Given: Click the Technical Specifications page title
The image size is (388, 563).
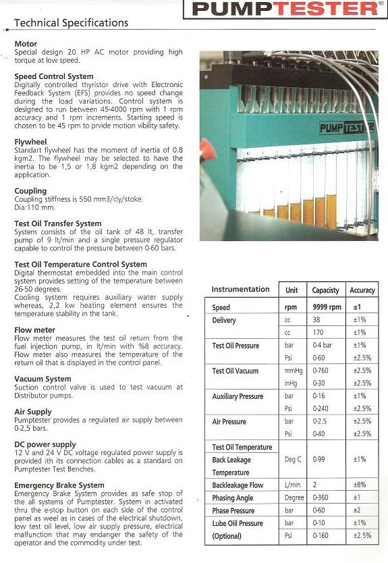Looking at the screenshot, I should [x=71, y=23].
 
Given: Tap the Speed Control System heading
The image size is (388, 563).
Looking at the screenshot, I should [x=54, y=76].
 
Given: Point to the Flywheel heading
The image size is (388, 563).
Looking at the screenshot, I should [x=30, y=142].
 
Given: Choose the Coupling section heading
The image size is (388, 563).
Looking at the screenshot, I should [x=30, y=191].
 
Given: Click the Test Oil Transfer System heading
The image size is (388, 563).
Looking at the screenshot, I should [x=58, y=223].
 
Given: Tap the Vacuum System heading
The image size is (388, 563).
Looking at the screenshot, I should [x=43, y=379].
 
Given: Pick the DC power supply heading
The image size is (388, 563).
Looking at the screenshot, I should [x=44, y=444].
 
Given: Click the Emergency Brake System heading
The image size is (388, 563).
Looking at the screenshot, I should [x=59, y=485].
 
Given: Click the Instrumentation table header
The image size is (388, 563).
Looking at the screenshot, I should [x=240, y=290].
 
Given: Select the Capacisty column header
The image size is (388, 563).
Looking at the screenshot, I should [x=325, y=290].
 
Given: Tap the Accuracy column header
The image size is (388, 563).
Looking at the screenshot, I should [x=362, y=290].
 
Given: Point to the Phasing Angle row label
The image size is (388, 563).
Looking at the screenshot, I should [x=233, y=498].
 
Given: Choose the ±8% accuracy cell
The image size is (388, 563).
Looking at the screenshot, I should [x=359, y=485].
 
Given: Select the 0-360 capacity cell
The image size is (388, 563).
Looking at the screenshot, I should [x=321, y=498].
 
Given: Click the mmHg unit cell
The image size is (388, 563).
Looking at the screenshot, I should [x=292, y=371].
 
